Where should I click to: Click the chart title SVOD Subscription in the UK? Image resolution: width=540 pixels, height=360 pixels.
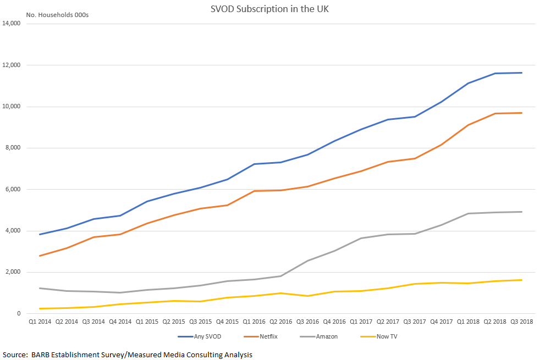pyautogui.click(x=269, y=9)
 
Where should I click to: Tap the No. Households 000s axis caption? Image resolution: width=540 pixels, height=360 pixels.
pyautogui.click(x=57, y=15)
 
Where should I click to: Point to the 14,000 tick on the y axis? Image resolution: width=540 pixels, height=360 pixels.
pyautogui.click(x=12, y=24)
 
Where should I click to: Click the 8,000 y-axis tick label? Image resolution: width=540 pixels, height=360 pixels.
pyautogui.click(x=13, y=148)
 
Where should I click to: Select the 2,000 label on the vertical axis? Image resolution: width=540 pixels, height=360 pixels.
pyautogui.click(x=13, y=272)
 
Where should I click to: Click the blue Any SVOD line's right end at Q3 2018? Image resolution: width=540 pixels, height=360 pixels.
pyautogui.click(x=521, y=73)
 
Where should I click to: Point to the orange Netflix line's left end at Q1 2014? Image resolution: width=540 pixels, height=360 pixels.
pyautogui.click(x=40, y=256)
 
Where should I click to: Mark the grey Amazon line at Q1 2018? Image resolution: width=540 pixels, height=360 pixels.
pyautogui.click(x=468, y=213)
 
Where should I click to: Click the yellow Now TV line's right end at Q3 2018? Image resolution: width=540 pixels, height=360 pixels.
pyautogui.click(x=521, y=280)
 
